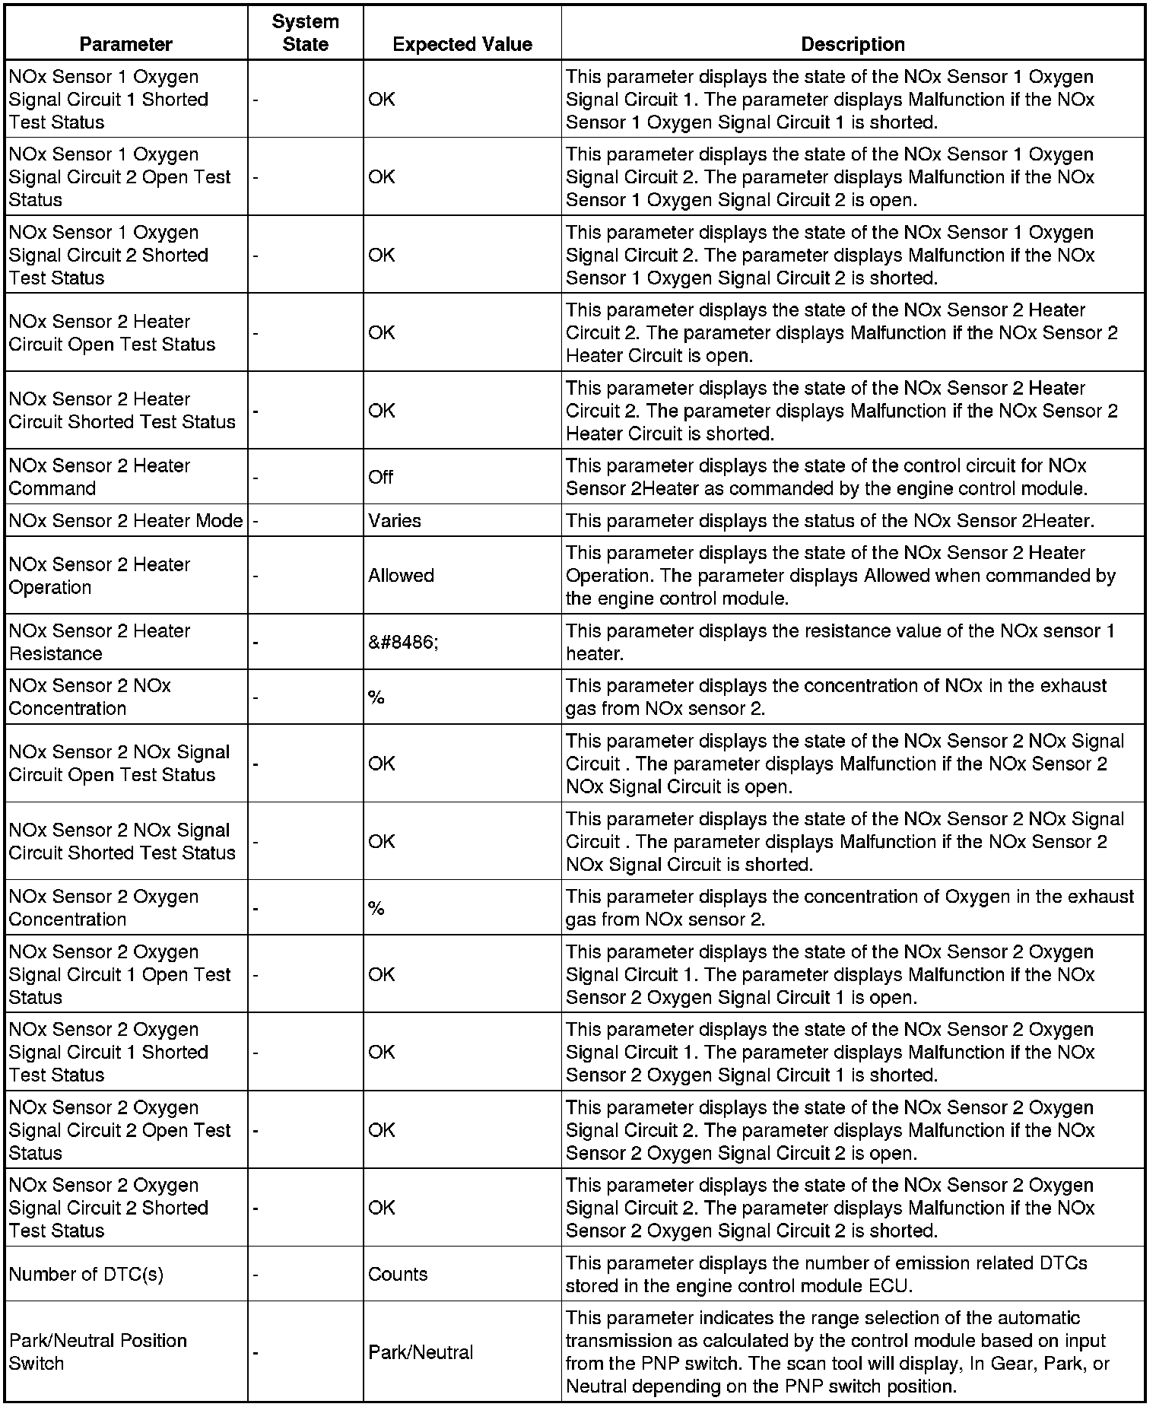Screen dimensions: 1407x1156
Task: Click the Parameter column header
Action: point(125,44)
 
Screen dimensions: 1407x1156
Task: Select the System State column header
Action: point(305,33)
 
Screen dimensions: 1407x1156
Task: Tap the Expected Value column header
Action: point(462,44)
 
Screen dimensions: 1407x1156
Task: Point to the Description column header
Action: point(853,44)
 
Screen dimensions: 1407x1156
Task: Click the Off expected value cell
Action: point(381,477)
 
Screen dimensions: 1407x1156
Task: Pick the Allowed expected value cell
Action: point(401,576)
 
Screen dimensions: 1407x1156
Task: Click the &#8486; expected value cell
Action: point(403,642)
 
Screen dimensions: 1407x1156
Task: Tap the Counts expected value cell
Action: point(398,1274)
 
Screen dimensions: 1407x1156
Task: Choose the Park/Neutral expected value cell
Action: point(421,1352)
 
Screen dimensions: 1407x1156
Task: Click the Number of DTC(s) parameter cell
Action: point(86,1274)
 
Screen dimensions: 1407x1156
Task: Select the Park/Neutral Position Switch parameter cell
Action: point(97,1351)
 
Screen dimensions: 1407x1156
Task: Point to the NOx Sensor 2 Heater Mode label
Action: point(125,521)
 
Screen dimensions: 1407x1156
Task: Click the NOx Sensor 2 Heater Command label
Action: point(99,477)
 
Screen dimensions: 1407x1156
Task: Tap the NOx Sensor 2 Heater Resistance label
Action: point(99,642)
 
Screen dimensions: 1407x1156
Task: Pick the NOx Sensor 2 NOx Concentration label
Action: point(90,697)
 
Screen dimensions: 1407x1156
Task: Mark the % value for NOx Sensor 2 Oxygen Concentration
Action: point(376,908)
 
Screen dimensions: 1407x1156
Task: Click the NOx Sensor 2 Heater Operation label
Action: point(99,576)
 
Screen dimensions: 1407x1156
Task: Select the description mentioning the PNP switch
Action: point(837,1351)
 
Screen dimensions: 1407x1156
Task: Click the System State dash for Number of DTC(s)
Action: point(256,1275)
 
